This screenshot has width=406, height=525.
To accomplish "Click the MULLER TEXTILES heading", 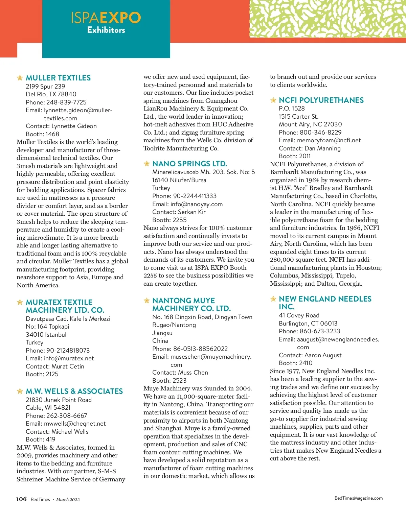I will tap(58, 78).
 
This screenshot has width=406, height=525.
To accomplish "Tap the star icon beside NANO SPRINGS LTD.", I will tap(147, 164).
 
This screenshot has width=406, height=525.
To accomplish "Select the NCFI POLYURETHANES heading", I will tap(321, 100).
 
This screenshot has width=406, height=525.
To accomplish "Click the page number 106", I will tap(21, 499).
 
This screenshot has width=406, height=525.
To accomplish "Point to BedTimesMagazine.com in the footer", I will tap(358, 498).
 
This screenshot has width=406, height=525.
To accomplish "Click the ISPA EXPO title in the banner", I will tap(106, 18).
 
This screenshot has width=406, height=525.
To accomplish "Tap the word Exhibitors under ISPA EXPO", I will tap(106, 30).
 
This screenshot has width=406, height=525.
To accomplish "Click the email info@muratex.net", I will tap(69, 358).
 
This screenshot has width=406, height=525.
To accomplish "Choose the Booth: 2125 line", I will tap(42, 374).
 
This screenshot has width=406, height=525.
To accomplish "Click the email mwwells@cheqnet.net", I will tap(75, 424).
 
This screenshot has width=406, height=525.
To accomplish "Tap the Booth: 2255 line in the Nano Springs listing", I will tap(169, 220).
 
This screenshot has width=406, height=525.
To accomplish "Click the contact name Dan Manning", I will tap(322, 148).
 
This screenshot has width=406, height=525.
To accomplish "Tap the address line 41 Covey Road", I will tap(299, 315).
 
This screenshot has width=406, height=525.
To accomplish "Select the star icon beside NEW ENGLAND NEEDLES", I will tap(273, 299).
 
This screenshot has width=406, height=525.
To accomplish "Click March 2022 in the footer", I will tap(68, 499).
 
